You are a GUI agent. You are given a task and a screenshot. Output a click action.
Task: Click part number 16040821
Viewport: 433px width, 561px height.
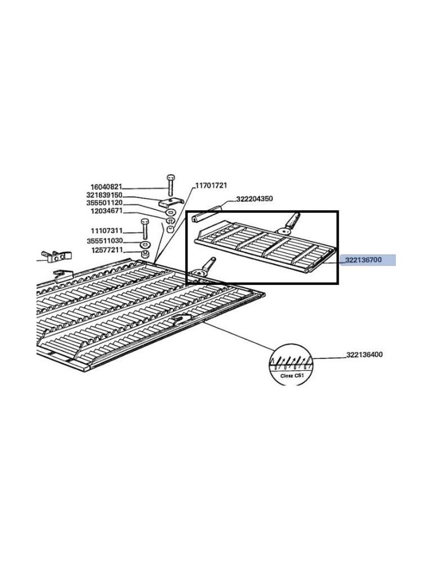point(106,187)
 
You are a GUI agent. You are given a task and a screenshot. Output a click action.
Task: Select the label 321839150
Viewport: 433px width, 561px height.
point(104,195)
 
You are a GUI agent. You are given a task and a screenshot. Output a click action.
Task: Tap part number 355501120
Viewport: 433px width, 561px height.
point(104,203)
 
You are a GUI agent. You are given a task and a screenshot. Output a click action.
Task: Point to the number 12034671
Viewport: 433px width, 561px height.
point(106,211)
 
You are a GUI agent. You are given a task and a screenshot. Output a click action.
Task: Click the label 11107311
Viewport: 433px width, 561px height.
point(106,231)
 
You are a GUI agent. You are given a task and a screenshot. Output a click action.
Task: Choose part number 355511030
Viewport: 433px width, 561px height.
point(104,241)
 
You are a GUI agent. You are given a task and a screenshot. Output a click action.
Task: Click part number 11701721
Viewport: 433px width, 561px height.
point(211,186)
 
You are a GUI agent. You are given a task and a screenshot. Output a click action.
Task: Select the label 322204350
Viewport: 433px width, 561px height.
point(254,199)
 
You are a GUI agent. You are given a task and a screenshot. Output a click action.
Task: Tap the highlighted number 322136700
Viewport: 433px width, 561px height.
point(363,260)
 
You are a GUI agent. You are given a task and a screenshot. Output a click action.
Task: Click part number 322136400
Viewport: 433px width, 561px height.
point(364,355)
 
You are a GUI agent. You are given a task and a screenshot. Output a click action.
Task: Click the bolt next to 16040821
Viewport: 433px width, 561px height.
point(170,186)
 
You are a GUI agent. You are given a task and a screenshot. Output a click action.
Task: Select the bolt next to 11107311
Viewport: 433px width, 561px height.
point(145,229)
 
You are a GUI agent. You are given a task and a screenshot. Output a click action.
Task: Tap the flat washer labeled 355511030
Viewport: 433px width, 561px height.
point(145,245)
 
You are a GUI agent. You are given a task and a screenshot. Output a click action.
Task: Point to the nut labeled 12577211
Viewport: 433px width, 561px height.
point(145,254)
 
